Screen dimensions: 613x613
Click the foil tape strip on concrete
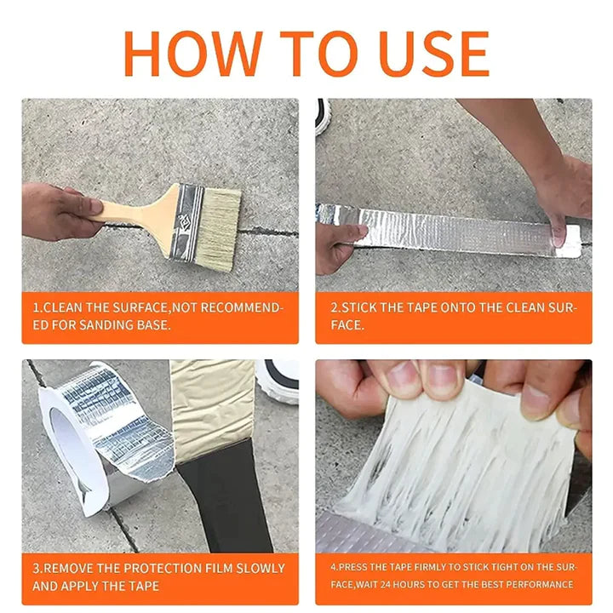[451, 230]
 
